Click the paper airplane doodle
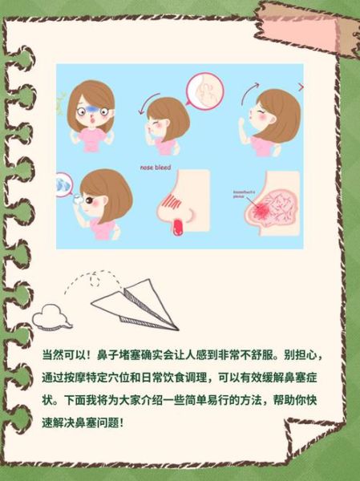tap(137, 301)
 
